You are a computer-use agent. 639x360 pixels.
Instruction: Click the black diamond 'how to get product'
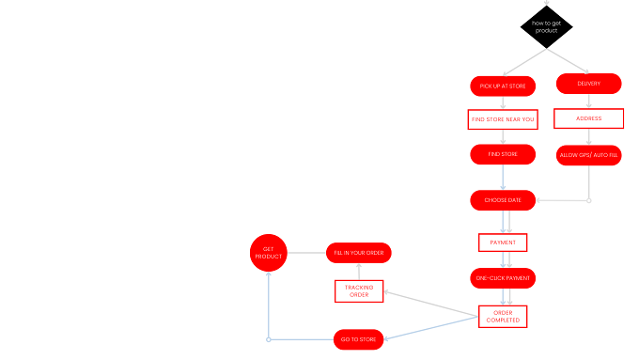(x=547, y=27)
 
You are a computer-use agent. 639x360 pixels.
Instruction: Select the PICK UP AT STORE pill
(x=503, y=86)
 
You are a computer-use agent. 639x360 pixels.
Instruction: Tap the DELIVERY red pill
(x=589, y=84)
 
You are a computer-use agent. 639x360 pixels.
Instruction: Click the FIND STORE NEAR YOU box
(x=503, y=119)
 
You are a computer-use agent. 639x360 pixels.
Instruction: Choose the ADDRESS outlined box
(x=589, y=118)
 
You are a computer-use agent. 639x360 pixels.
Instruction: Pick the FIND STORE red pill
(x=503, y=154)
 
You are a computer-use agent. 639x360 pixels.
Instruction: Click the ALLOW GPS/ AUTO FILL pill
(x=589, y=155)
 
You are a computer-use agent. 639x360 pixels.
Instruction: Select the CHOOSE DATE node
(x=503, y=200)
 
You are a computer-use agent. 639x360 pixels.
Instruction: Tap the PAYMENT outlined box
(x=503, y=243)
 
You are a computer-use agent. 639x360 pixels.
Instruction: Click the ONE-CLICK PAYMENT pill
(x=503, y=278)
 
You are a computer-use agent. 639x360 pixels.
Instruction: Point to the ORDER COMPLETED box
(x=503, y=317)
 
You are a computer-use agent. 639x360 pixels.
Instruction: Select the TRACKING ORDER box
(x=359, y=291)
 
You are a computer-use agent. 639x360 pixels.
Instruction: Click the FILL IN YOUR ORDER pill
(x=359, y=253)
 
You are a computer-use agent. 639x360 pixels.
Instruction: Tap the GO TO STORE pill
(x=359, y=339)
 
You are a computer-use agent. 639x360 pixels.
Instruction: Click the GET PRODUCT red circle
(x=269, y=253)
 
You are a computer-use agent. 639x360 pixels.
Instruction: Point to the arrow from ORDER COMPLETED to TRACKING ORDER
(x=431, y=304)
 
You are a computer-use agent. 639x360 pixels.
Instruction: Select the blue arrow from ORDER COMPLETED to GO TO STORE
(x=431, y=328)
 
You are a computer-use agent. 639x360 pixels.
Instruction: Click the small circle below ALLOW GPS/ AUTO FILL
(x=589, y=200)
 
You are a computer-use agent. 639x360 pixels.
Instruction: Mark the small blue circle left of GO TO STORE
(x=269, y=339)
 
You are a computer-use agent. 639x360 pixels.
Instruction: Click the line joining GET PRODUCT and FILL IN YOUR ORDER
(x=306, y=253)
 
